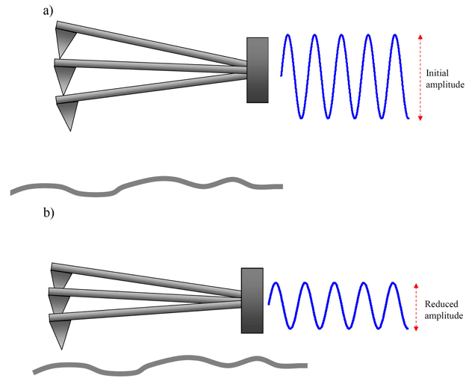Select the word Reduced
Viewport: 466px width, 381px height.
(x=441, y=304)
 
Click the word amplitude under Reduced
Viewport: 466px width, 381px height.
(x=444, y=316)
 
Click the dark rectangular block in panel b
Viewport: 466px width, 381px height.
(x=252, y=300)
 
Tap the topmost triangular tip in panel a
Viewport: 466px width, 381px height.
(x=65, y=41)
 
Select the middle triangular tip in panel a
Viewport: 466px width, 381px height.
(x=64, y=77)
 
